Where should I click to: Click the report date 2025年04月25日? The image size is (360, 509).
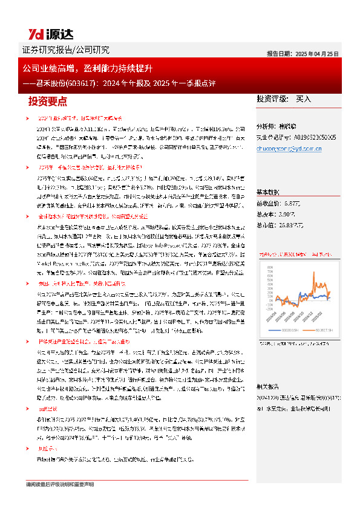click(x=319, y=54)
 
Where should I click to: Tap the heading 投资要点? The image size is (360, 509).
click(x=48, y=101)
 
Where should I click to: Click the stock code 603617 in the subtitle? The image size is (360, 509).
click(x=91, y=83)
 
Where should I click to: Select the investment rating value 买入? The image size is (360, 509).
click(x=303, y=99)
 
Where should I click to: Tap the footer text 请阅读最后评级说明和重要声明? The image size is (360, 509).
click(x=61, y=484)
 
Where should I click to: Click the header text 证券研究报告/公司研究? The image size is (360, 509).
click(x=58, y=50)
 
